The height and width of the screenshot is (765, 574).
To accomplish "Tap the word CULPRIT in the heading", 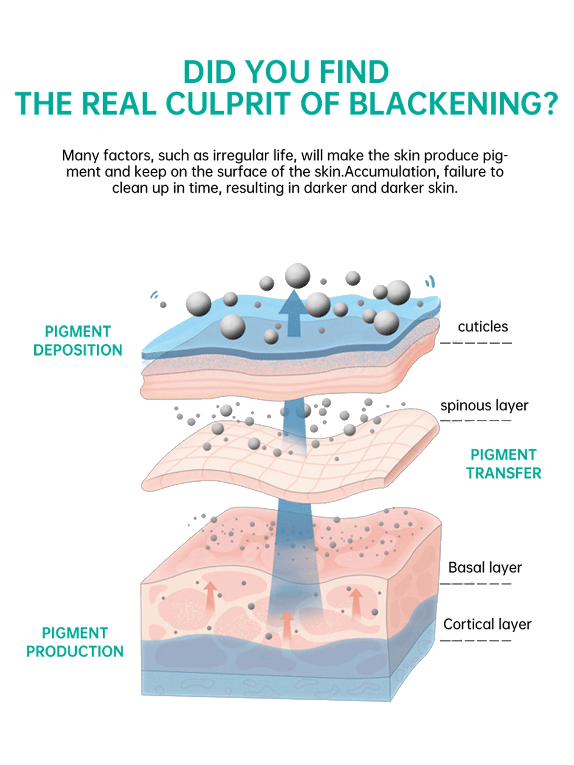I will tap(229, 104).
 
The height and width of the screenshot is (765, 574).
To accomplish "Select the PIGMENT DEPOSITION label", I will tap(78, 341).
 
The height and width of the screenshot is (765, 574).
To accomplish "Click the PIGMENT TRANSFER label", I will tap(504, 464).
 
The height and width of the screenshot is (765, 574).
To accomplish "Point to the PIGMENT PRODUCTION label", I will tap(75, 642).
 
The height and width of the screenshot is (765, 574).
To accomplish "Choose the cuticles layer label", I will tap(483, 327).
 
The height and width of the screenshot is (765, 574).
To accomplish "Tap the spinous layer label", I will tap(484, 405).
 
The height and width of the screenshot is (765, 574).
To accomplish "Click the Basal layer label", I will tap(485, 567).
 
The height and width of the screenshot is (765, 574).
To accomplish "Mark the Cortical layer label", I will tap(487, 624).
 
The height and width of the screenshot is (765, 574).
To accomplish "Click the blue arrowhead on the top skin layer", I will tap(293, 302).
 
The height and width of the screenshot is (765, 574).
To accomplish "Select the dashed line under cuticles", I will tap(476, 342).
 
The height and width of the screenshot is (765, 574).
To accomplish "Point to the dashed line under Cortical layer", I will tap(476, 641).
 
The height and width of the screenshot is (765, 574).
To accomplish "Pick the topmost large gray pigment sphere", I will tap(297, 275).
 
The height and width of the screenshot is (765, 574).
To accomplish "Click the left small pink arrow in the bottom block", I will tap(210, 591).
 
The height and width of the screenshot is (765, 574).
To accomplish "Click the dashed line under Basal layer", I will tap(476, 584).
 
